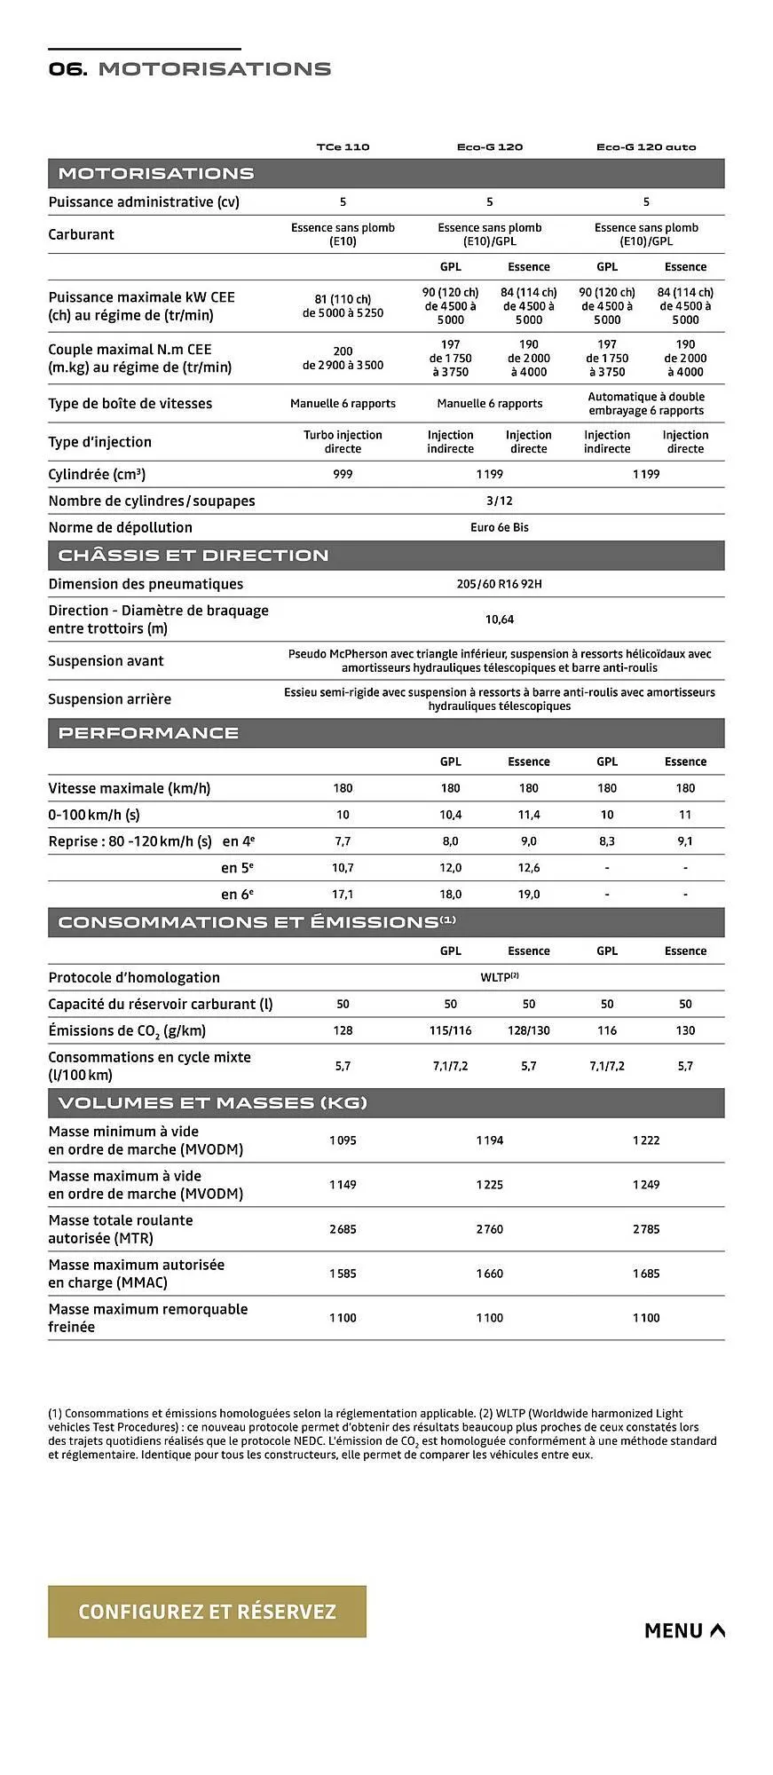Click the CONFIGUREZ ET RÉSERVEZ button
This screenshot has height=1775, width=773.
207,1611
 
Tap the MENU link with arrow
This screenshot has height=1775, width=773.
684,1630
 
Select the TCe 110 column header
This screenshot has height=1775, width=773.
343,147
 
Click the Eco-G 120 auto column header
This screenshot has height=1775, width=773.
646,147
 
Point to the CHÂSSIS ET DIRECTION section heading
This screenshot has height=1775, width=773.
193,556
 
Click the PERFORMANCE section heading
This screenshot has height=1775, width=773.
148,733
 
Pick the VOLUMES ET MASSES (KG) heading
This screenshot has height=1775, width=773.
212,1103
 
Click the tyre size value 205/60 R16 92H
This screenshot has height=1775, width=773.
499,584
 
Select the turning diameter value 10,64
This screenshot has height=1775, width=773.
500,619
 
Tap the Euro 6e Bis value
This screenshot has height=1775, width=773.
500,527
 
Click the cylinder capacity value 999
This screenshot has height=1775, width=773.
343,474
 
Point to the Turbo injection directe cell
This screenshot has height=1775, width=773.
343,442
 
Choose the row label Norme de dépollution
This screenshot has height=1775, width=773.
120,527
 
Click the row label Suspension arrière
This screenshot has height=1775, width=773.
109,699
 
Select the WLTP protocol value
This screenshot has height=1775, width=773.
499,977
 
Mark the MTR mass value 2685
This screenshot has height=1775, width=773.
343,1229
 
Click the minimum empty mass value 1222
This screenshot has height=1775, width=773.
646,1140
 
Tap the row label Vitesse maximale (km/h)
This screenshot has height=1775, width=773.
130,788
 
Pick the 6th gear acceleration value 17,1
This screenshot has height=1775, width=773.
343,895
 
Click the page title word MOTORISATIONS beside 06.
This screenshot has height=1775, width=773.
215,69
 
